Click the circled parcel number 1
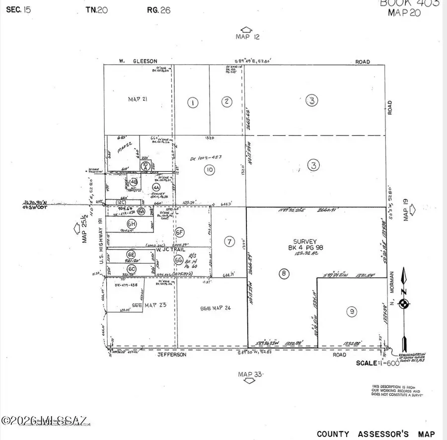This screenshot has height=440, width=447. point(193,103)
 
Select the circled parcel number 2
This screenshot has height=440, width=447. point(226,102)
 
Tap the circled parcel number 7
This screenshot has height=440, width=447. point(229,242)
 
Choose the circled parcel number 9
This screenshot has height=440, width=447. point(352,311)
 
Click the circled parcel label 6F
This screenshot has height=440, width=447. point(180,231)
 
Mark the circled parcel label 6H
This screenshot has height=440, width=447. point(132,223)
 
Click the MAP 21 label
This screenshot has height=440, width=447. point(139,99)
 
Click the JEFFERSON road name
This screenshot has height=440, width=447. point(171,355)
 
